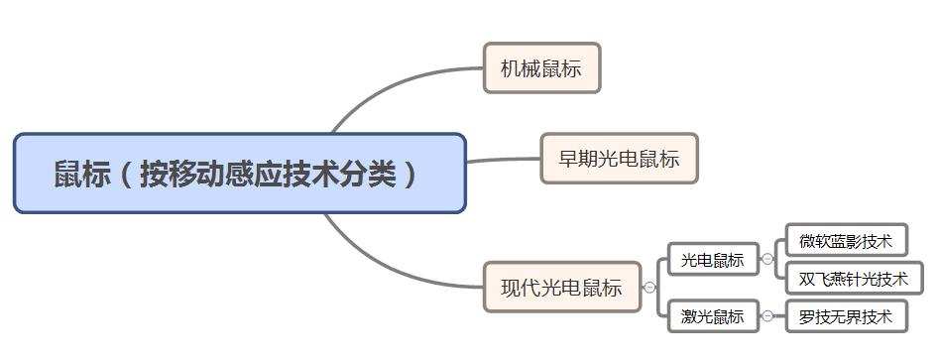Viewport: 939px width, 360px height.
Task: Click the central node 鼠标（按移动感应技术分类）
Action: tap(239, 174)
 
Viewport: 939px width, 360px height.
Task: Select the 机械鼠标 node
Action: tap(541, 68)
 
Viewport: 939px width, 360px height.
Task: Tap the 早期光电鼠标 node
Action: tap(619, 159)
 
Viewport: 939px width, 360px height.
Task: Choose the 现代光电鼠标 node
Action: tap(561, 288)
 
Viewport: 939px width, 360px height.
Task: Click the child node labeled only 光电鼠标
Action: tap(712, 260)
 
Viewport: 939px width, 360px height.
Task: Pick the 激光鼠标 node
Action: tap(712, 317)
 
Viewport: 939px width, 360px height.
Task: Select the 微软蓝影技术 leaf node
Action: tap(846, 241)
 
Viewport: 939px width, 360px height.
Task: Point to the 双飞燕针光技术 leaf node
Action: tap(853, 279)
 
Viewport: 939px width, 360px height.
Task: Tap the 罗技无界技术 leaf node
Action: tap(846, 317)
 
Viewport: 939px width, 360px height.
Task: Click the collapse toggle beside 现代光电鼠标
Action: tap(649, 288)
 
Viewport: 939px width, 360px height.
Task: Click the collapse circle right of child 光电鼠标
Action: tap(767, 260)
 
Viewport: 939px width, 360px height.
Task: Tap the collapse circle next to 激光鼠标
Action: tap(767, 317)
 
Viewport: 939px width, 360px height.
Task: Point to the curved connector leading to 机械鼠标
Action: tap(397, 84)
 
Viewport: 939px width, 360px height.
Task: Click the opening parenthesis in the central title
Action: tap(126, 175)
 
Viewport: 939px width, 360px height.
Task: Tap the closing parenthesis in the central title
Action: tap(411, 175)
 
